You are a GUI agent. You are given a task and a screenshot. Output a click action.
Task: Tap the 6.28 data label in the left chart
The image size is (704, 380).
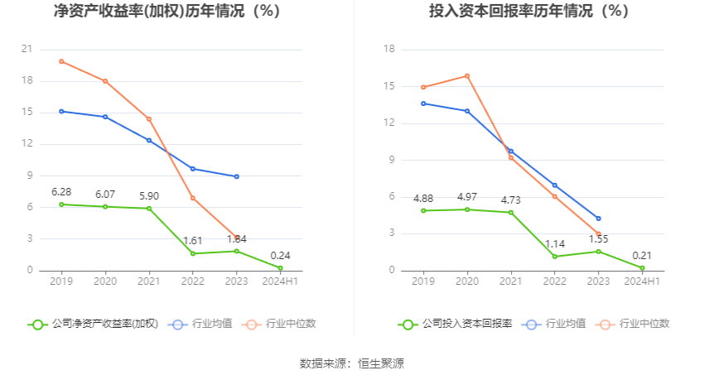tap(61, 192)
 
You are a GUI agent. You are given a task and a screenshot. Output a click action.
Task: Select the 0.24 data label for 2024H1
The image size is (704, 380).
tap(280, 256)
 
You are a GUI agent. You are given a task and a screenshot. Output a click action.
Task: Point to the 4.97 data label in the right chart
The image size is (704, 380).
tap(467, 197)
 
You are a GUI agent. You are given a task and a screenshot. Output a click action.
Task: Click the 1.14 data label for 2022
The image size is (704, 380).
tap(554, 244)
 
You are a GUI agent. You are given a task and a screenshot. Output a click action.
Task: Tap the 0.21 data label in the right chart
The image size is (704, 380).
tap(642, 256)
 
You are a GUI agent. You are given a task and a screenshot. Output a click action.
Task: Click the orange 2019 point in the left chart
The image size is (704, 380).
tap(61, 61)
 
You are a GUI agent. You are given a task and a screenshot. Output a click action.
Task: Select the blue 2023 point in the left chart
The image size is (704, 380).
tap(236, 176)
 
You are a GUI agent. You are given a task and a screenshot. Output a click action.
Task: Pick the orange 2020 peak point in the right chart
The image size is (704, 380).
tap(467, 76)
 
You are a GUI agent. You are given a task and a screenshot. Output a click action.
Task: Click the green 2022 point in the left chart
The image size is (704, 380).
tap(193, 253)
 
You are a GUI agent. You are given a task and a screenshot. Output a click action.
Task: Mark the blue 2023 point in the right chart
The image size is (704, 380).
tap(598, 219)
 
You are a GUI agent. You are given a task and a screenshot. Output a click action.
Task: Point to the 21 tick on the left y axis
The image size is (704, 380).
tap(27, 50)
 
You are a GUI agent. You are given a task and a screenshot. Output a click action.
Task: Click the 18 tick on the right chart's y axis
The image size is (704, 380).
tap(388, 50)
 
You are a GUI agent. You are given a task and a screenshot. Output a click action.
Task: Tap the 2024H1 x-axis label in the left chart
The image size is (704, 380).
tap(280, 282)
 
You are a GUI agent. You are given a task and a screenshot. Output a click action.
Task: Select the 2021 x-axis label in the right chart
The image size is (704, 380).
tap(511, 282)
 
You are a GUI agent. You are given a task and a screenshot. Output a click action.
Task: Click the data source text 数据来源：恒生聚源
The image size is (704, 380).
tap(352, 363)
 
